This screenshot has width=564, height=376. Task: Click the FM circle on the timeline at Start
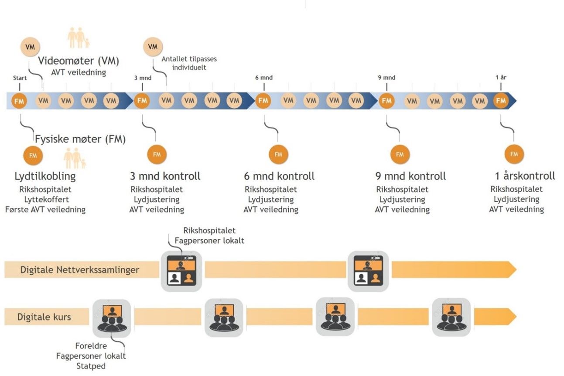coord(20,101)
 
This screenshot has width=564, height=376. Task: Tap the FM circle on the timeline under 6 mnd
coord(263,101)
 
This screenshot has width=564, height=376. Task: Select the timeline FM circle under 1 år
coord(501,101)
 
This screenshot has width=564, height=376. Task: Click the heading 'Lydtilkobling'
coord(45,176)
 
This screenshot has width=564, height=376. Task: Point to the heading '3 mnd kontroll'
coord(165,176)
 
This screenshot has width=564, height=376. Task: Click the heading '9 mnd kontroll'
coord(410,176)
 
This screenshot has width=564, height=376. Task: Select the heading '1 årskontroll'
coord(525,176)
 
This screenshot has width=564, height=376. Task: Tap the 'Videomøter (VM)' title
coord(79,61)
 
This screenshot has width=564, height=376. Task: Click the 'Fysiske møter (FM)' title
coord(80,140)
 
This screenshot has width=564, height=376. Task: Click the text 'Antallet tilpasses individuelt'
coord(189,63)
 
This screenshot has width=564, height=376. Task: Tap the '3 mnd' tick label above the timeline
coord(143,78)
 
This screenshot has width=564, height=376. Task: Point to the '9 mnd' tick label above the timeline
coord(386,78)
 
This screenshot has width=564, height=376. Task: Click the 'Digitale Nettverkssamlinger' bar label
coord(80,270)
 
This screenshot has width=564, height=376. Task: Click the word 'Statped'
coord(91,366)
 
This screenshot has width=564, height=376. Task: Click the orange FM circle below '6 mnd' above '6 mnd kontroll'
coord(278,154)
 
